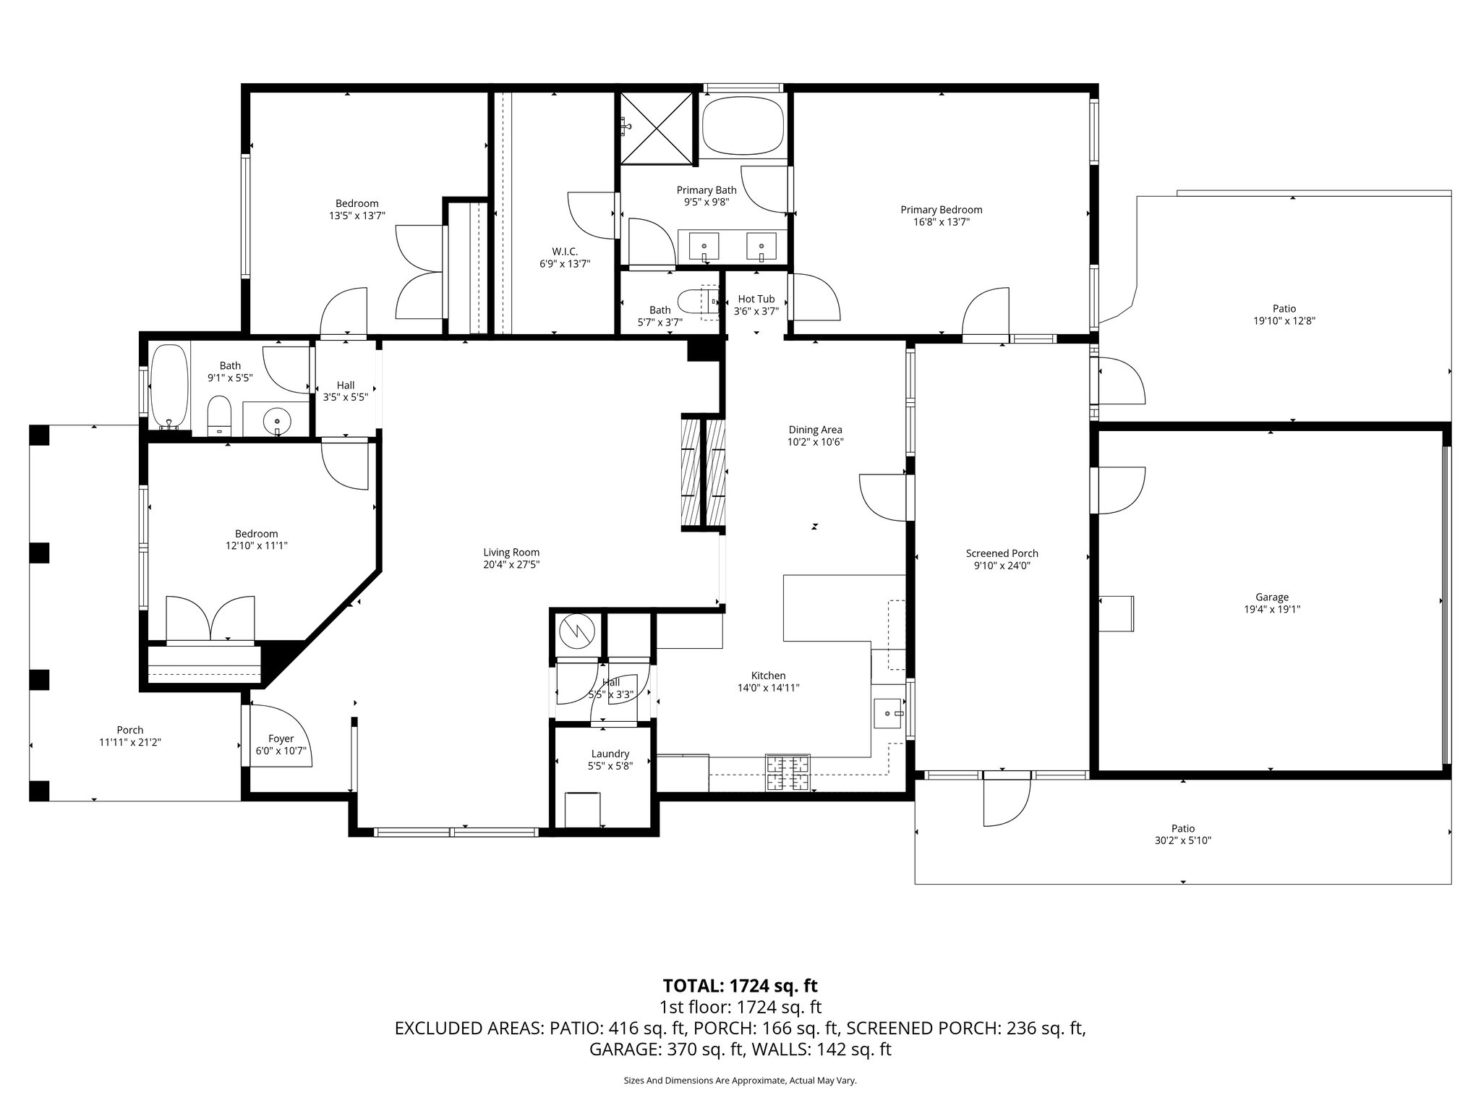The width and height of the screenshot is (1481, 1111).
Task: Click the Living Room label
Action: click(x=511, y=553)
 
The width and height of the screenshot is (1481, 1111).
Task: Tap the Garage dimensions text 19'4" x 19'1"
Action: click(x=1272, y=609)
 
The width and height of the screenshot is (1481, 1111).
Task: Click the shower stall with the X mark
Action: click(x=657, y=129)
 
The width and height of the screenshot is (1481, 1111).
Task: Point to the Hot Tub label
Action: click(x=756, y=299)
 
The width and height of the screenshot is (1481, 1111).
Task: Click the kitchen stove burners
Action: click(x=788, y=772)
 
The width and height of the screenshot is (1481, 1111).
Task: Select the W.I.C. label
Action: click(x=565, y=251)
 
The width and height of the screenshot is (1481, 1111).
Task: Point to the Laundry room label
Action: click(x=610, y=754)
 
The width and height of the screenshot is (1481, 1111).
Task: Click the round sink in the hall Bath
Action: click(x=276, y=419)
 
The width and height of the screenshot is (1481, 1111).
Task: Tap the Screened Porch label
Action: click(x=1002, y=553)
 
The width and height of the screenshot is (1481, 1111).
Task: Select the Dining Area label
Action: click(x=815, y=430)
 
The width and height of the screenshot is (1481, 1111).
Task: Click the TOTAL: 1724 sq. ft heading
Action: click(x=740, y=985)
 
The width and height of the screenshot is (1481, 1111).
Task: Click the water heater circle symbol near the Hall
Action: click(x=577, y=631)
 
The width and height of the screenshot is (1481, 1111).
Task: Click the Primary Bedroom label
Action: click(x=941, y=210)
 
